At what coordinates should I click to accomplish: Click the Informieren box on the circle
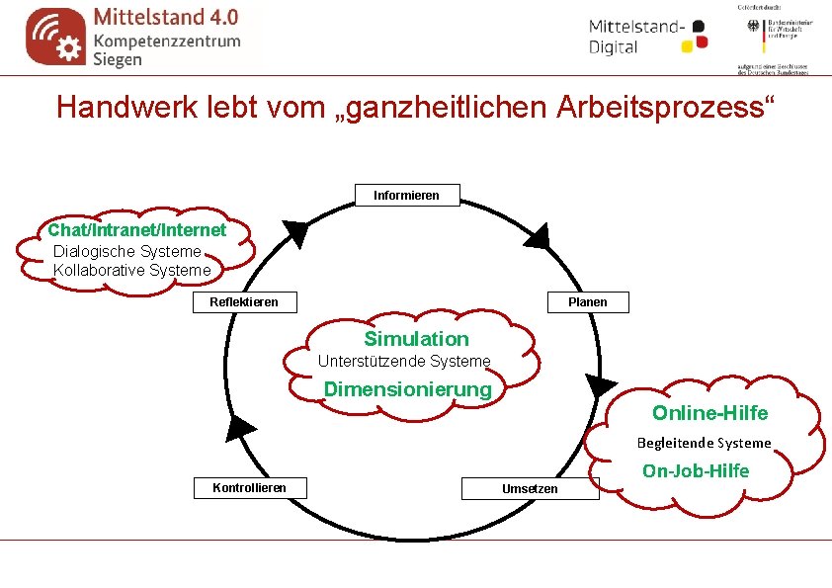tap(406, 196)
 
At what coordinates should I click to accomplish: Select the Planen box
tap(588, 301)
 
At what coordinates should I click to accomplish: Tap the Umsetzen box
tap(530, 488)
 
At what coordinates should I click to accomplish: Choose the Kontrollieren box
tap(249, 487)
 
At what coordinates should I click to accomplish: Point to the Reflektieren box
tap(243, 301)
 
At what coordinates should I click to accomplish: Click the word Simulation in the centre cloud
tap(417, 339)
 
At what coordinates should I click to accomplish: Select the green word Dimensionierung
tap(408, 389)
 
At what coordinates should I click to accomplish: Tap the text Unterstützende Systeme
tap(403, 361)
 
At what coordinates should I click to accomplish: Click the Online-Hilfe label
tap(709, 413)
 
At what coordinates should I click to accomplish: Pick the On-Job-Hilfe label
tap(696, 470)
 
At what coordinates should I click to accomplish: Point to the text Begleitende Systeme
tap(704, 443)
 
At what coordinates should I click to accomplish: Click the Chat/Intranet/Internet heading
tap(137, 230)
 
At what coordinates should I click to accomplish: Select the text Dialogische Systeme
tap(126, 251)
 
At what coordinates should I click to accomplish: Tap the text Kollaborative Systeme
tap(132, 270)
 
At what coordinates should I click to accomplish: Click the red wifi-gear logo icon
tap(55, 37)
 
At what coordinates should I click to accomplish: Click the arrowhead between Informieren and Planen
tap(537, 238)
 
